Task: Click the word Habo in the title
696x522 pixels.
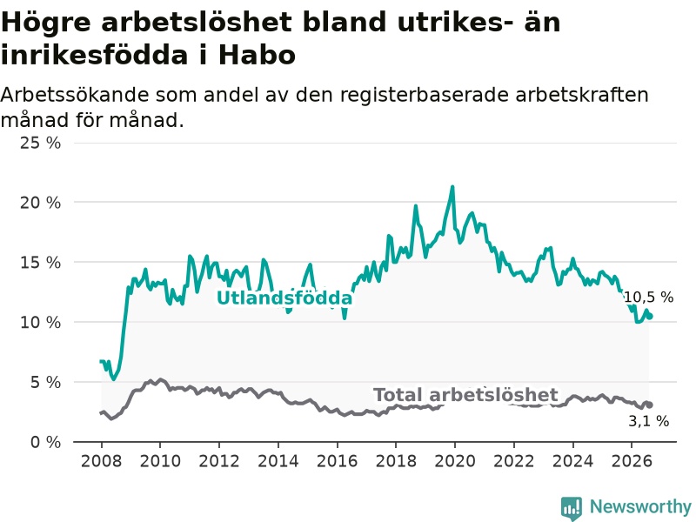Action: point(257,55)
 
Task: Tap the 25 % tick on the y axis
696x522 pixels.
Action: point(40,143)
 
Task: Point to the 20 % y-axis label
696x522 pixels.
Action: point(40,203)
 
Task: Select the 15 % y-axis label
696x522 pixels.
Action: point(40,263)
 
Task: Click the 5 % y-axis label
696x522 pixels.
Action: point(45,382)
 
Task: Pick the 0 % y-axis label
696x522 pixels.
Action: point(45,442)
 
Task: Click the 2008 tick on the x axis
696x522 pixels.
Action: point(101,461)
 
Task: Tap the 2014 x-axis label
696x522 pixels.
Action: point(278,461)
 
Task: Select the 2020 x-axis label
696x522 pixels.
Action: point(454,461)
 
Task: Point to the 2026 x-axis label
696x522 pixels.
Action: point(632,461)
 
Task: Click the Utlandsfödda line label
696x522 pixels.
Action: point(284,298)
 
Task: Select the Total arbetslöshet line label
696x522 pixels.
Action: point(465,395)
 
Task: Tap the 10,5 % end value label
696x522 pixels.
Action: point(648,297)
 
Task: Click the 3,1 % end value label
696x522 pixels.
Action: point(648,421)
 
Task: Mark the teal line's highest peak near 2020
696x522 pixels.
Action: point(452,187)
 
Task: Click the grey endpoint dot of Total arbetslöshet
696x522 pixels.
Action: point(649,405)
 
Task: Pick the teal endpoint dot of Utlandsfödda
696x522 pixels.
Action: point(650,316)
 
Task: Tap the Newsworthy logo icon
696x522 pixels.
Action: point(572,507)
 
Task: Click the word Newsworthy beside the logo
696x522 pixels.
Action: point(640,506)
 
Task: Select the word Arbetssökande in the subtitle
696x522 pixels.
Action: point(74,95)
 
